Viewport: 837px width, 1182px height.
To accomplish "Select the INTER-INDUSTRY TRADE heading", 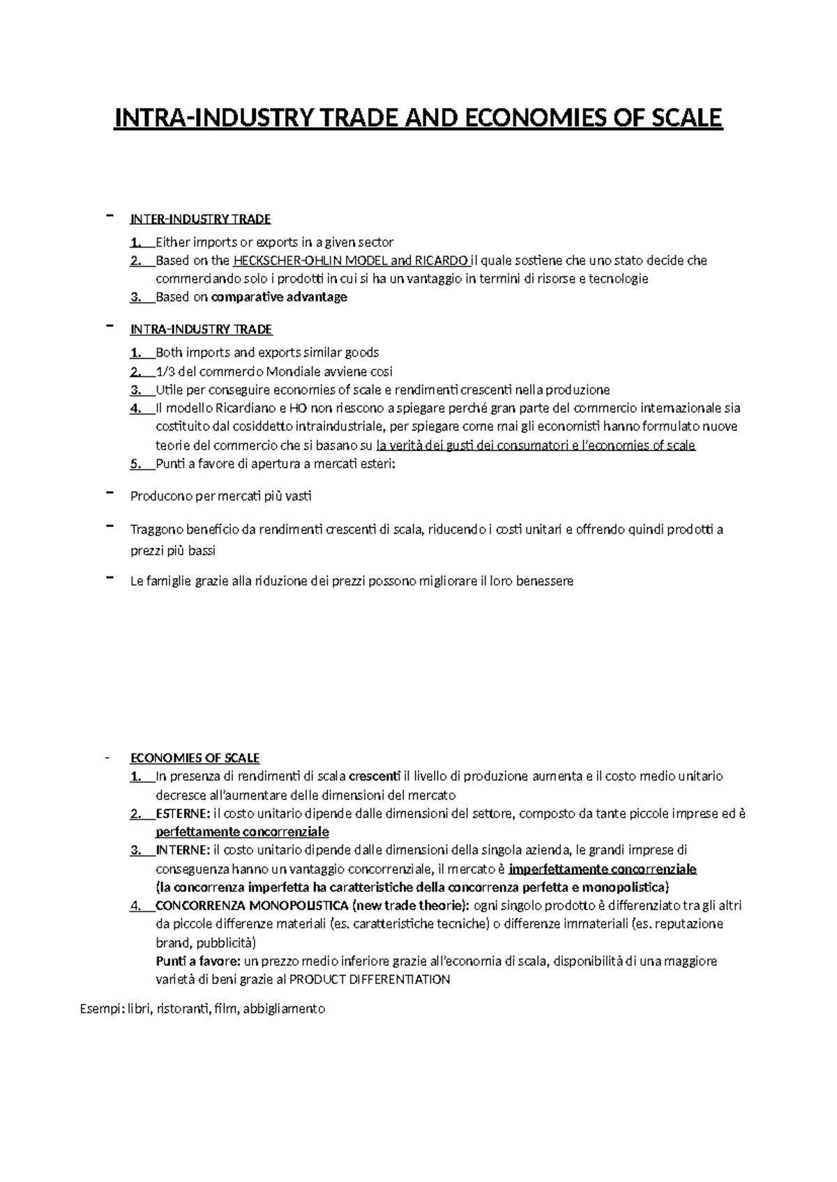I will point(200,220).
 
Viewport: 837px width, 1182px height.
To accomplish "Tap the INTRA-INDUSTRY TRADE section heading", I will point(201,329).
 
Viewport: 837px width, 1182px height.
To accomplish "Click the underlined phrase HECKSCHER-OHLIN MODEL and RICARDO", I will point(351,261).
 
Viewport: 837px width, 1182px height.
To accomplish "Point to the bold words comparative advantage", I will point(279,297).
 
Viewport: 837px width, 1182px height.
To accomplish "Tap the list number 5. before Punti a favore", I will point(135,463).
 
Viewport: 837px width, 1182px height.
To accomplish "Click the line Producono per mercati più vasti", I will point(221,496).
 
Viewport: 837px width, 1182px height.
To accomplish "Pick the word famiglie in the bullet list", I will point(167,581).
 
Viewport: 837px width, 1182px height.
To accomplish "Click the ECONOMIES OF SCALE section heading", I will point(195,758).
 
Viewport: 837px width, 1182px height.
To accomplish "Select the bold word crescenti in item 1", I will point(375,776).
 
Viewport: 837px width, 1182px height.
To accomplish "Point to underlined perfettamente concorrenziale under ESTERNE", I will point(242,831).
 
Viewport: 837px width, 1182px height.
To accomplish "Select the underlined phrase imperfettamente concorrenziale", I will point(603,869).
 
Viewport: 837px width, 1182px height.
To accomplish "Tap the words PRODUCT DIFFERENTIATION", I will point(370,979).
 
